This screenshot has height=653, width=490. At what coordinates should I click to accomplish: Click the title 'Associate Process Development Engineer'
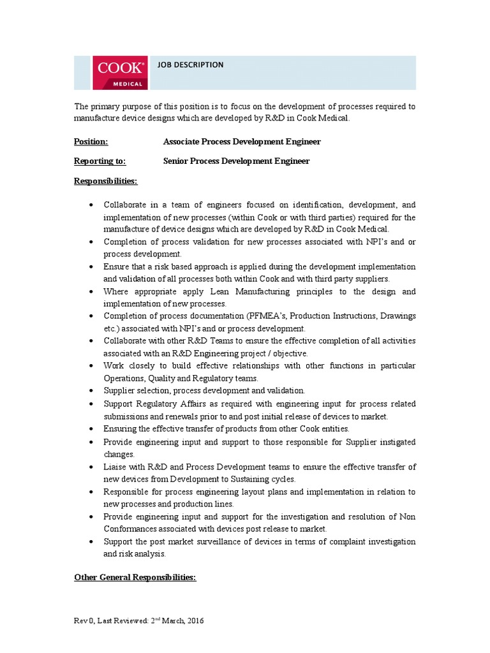tap(242, 142)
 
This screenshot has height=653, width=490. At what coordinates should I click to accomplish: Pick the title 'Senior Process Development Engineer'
tap(236, 161)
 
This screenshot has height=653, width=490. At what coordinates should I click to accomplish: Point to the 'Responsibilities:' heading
tap(105, 181)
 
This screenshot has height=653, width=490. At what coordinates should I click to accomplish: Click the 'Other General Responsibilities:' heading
tap(135, 578)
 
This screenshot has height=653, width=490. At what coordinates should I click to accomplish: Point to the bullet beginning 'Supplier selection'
tap(204, 391)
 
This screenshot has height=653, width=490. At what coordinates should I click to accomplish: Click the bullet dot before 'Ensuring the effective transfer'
tap(91, 429)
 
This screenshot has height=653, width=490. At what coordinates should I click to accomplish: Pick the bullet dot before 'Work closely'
tap(91, 366)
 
